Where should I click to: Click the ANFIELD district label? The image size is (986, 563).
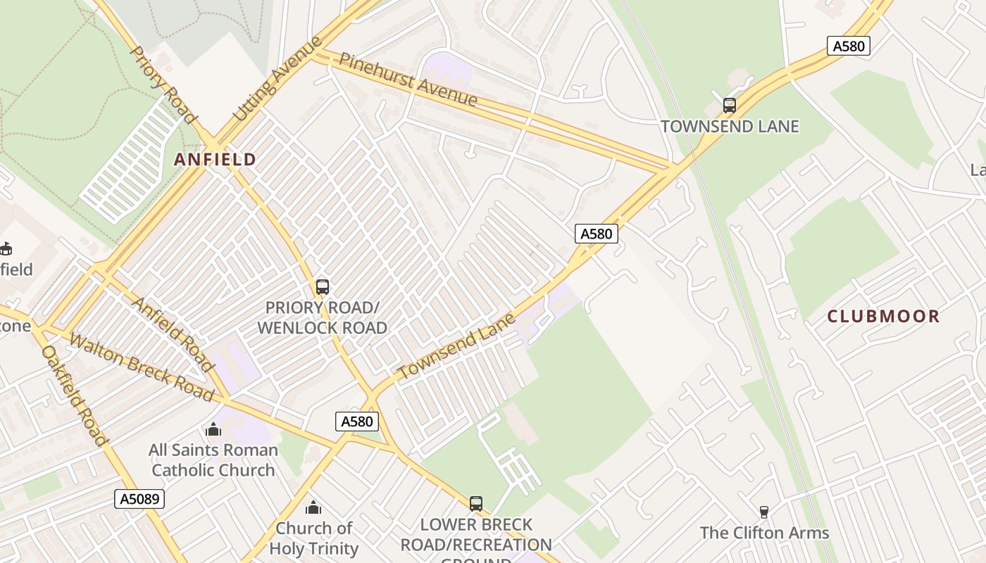click(215, 160)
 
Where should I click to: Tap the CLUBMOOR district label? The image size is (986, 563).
click(883, 316)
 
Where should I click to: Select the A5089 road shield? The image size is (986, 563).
click(139, 499)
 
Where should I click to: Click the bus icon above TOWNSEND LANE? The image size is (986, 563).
click(730, 106)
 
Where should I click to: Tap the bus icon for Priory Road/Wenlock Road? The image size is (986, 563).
click(323, 287)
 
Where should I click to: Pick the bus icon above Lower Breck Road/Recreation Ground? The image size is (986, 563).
click(476, 504)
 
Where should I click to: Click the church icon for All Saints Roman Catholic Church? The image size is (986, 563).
click(213, 429)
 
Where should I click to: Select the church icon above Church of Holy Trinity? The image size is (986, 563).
click(313, 507)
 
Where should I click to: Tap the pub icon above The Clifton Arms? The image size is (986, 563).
click(763, 512)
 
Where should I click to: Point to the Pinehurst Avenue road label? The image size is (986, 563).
click(408, 79)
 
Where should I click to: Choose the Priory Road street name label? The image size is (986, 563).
click(162, 84)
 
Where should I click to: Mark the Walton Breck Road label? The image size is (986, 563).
click(142, 367)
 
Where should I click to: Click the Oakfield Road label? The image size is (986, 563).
click(75, 395)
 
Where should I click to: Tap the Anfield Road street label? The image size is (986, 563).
click(173, 334)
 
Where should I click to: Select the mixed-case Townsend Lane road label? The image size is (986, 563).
click(456, 346)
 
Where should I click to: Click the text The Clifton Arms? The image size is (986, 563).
click(764, 533)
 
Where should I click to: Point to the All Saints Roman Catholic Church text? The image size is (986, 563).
click(213, 460)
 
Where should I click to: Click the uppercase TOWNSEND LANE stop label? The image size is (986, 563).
click(730, 127)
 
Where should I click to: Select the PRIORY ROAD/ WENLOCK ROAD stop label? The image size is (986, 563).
click(322, 317)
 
